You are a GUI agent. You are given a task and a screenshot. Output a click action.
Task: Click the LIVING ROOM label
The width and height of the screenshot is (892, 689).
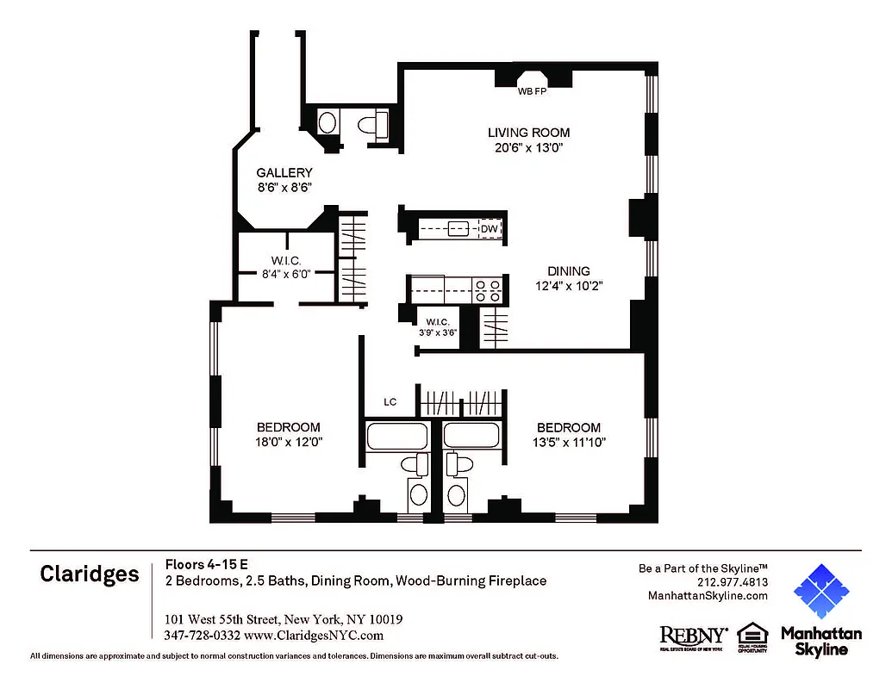coord(528,133)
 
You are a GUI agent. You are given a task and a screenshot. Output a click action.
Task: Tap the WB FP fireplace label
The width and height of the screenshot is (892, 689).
coord(532,90)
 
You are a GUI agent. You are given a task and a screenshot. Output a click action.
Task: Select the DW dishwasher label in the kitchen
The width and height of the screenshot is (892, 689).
coord(489,229)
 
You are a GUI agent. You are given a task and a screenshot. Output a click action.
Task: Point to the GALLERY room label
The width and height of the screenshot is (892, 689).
coord(284,173)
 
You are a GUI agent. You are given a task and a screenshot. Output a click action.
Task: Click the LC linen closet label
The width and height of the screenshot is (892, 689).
coord(390,402)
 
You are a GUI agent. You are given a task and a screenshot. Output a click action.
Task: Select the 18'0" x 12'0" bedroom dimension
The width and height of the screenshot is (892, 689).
coord(288,442)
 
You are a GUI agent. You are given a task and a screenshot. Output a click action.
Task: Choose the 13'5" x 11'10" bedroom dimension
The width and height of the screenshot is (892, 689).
coord(568,442)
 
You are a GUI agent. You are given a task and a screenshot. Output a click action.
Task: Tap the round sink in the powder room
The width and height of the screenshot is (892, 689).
coord(327,122)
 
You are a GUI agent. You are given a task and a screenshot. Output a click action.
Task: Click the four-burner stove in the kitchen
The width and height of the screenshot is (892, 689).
coord(488,289)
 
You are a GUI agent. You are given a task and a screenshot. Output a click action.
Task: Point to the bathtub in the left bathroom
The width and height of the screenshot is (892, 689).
coord(396,436)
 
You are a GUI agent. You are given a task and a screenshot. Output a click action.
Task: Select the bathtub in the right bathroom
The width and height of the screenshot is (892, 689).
coord(473,436)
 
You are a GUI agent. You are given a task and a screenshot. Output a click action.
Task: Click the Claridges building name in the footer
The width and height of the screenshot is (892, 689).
coord(89,574)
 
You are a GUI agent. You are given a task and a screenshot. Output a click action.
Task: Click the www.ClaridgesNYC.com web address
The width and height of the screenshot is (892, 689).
coord(314,636)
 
